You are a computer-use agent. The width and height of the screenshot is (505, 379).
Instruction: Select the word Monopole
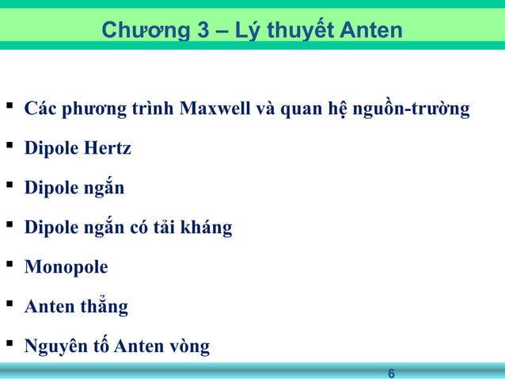point(66,267)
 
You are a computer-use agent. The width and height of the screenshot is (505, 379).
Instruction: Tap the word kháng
point(207,228)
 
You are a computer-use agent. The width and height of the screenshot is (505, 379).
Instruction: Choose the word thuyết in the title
point(295,31)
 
